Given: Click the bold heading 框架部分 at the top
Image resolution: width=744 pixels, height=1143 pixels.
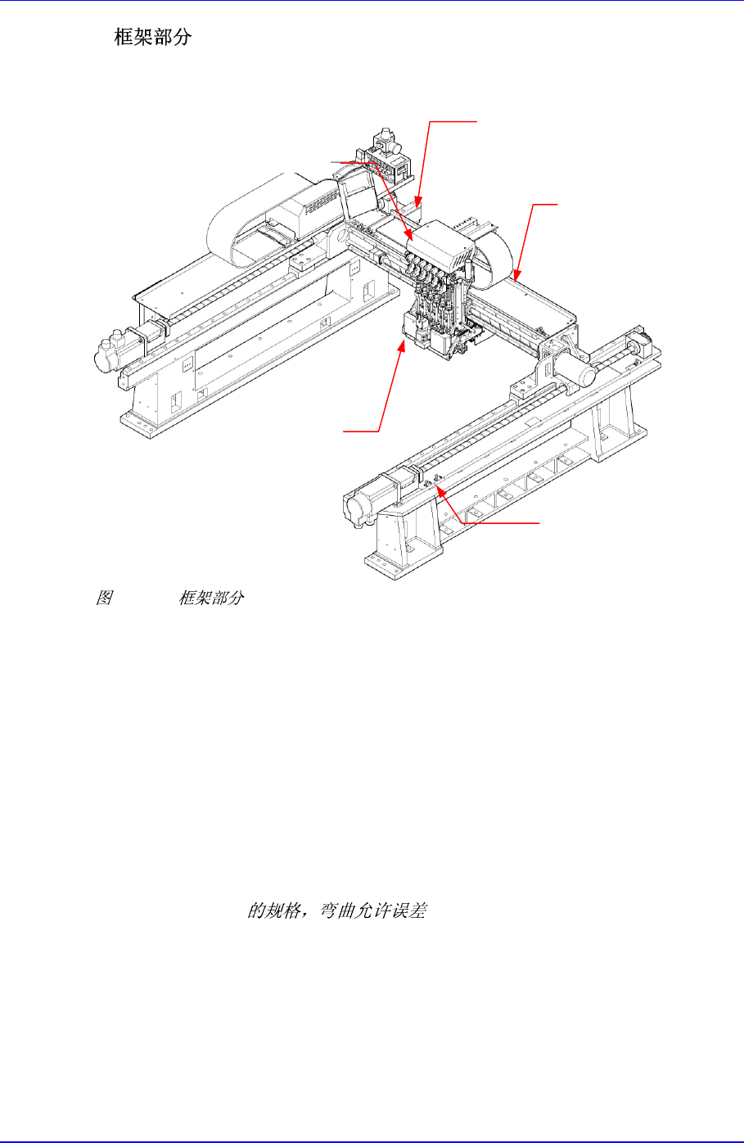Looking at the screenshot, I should (x=152, y=38).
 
